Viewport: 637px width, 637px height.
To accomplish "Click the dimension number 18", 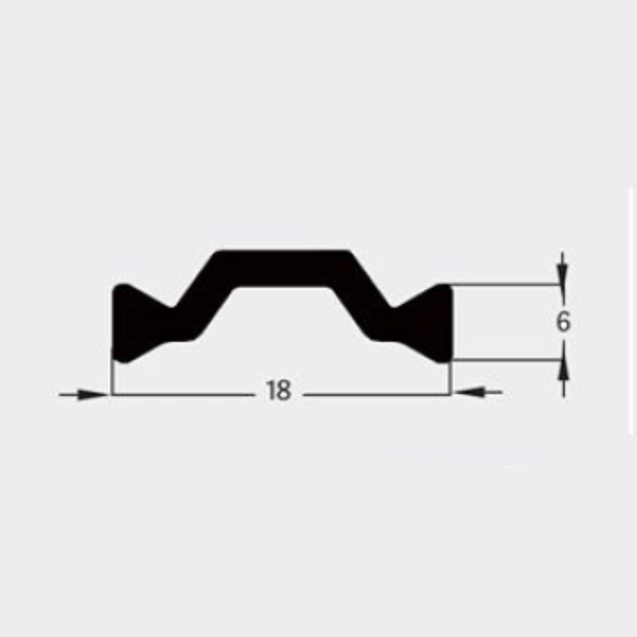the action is (x=278, y=390).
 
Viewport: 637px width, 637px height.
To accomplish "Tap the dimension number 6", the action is (x=562, y=321).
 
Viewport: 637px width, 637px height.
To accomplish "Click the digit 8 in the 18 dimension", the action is (x=283, y=390).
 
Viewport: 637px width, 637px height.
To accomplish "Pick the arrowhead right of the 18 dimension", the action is (x=469, y=392).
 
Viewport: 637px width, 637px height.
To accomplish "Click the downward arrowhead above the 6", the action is (x=562, y=274).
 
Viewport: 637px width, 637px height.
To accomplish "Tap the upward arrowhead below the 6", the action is (x=564, y=370).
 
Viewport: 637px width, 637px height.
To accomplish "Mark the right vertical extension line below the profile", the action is (x=450, y=378).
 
